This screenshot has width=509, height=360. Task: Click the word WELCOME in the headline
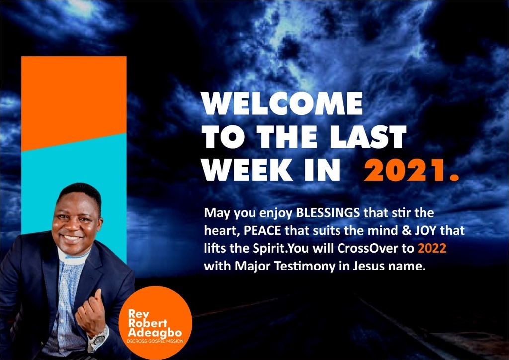tap(282, 103)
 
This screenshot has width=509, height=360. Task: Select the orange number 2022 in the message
tap(432, 248)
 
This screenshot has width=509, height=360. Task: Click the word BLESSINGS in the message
tap(328, 213)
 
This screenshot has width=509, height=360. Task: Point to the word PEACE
tap(262, 231)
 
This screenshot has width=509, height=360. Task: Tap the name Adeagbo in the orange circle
tap(155, 333)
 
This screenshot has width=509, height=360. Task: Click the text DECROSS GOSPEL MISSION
tap(155, 341)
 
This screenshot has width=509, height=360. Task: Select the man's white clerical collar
tap(73, 258)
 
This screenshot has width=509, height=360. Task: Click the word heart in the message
tap(222, 231)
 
